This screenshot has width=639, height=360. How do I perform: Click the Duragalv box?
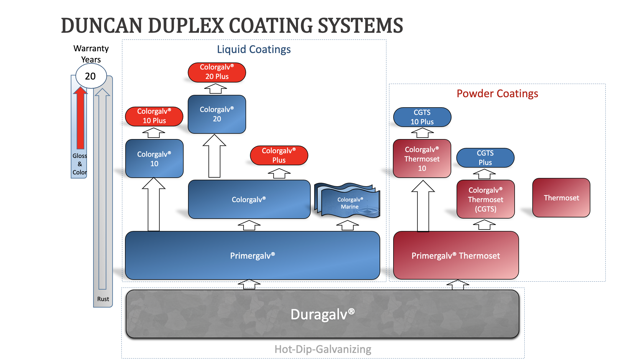[322, 314]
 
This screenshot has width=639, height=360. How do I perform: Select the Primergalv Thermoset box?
[456, 255]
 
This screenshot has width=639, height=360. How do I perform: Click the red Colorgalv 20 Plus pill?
[217, 72]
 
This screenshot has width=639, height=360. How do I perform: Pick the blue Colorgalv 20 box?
[217, 114]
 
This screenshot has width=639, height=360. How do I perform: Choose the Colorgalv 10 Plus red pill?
[154, 116]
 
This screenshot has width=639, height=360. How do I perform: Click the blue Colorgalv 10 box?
[154, 159]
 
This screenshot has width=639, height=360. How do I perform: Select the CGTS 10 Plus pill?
[422, 117]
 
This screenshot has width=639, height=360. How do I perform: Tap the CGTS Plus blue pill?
[485, 158]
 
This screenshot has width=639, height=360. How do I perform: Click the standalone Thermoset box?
[561, 198]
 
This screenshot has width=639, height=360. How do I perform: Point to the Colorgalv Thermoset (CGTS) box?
[485, 199]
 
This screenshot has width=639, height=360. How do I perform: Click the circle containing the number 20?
[91, 76]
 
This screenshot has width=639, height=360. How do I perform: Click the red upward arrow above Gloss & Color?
[80, 118]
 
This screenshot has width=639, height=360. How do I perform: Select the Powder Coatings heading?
[497, 94]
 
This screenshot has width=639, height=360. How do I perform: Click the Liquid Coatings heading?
[253, 49]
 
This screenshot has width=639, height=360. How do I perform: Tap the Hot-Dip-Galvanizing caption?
[322, 349]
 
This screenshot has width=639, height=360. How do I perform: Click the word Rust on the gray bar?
[103, 299]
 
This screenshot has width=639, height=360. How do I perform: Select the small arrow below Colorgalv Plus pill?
[279, 173]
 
